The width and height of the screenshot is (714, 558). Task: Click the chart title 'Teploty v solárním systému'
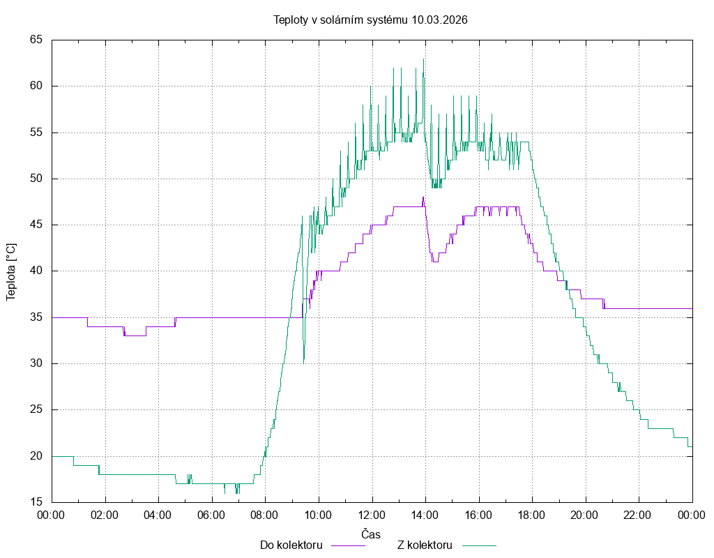341,20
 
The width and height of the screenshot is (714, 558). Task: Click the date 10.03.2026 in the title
439,20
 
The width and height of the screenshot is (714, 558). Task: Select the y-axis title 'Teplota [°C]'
11,271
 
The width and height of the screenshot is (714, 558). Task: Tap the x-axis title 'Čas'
371,534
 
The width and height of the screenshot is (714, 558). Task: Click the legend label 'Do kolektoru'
291,545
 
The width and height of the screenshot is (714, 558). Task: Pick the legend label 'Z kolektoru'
425,545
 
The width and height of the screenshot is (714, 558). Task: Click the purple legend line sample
347,545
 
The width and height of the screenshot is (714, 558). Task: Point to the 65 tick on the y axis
36,40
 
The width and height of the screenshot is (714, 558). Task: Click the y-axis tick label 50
36,179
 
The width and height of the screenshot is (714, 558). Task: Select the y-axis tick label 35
36,317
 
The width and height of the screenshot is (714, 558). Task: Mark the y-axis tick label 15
36,502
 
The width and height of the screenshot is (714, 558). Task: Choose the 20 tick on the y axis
36,456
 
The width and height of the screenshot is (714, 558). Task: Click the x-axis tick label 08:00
265,515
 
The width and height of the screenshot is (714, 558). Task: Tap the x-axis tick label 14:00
425,515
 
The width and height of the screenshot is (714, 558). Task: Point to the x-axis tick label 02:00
105,515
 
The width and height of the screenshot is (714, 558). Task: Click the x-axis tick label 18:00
531,515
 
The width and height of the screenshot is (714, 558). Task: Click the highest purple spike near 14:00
423,198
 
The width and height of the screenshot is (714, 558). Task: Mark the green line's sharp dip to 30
304,362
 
